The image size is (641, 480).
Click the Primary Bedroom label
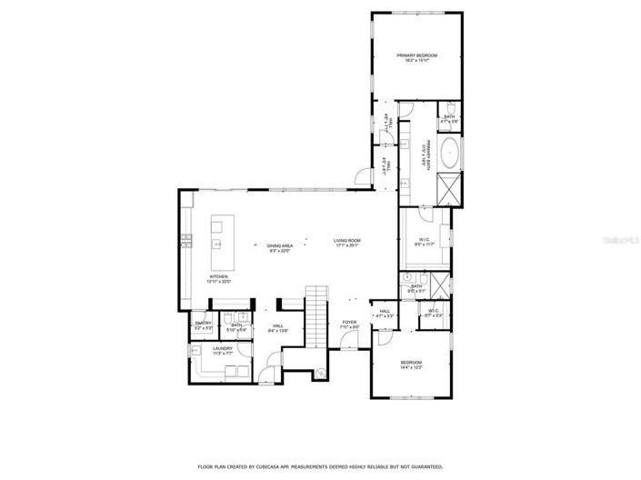click(x=417, y=58)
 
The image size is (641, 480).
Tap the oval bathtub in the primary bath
click(x=449, y=152)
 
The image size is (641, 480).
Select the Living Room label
click(x=348, y=243)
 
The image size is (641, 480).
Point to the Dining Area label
click(x=280, y=248)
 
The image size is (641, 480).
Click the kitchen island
click(x=219, y=245)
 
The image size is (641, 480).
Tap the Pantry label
click(x=203, y=325)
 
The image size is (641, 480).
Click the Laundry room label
click(x=223, y=349)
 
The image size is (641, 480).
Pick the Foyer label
click(x=349, y=324)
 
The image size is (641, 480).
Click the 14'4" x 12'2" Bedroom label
click(x=412, y=365)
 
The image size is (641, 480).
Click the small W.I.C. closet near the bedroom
click(x=432, y=315)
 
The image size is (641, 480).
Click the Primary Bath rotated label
click(x=425, y=157)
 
